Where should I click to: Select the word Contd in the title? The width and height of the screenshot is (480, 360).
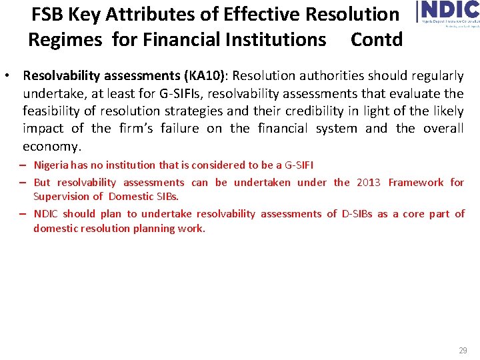pos(377,39)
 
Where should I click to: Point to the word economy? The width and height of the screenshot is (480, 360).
pos(51,145)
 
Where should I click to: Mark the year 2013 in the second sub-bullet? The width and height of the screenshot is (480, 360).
pos(369,182)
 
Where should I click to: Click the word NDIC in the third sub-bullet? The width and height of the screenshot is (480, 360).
pos(46,213)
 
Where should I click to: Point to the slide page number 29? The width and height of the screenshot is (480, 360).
pos(463,351)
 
